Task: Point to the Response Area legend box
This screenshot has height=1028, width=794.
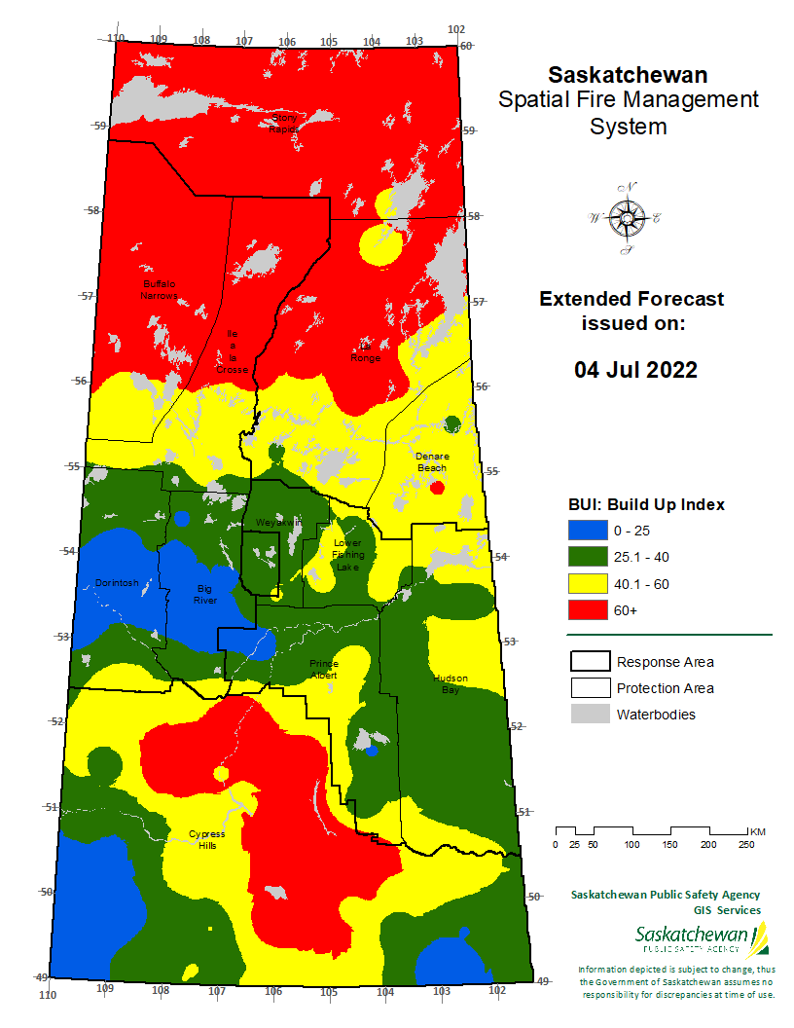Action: (588, 662)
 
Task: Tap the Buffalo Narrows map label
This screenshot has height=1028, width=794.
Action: (158, 289)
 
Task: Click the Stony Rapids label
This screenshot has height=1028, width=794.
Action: (284, 123)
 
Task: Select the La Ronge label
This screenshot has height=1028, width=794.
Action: (367, 351)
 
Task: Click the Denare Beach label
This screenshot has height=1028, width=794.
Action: (432, 461)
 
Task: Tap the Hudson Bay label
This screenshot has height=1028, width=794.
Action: (451, 683)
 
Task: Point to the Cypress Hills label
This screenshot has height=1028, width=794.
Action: (206, 839)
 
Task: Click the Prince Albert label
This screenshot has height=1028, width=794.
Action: (324, 669)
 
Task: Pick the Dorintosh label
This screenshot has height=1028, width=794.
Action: (117, 583)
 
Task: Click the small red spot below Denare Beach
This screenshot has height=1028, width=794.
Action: (438, 486)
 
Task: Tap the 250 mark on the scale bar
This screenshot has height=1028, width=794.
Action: (745, 844)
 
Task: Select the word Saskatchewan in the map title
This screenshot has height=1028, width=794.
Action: (628, 75)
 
